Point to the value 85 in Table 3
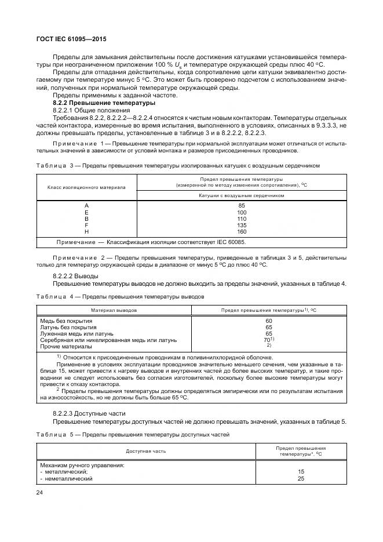[x=242, y=206]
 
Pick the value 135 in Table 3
[x=242, y=225]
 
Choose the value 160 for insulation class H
[x=242, y=231]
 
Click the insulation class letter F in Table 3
[x=87, y=225]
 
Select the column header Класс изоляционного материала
[x=86, y=187]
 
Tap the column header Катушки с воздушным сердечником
[x=242, y=195]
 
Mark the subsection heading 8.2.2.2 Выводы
[x=75, y=276]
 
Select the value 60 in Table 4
[x=269, y=321]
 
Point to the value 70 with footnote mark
[x=268, y=340]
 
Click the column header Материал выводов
[x=114, y=310]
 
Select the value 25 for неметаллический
[x=301, y=479]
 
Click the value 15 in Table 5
[x=301, y=472]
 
